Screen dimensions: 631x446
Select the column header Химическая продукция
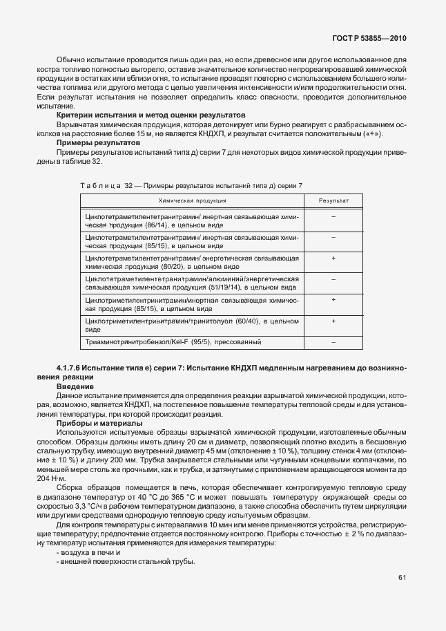coord(193,200)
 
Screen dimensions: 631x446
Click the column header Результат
coord(333,200)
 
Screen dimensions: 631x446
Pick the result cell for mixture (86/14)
coord(333,217)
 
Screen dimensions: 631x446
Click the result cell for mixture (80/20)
coord(333,258)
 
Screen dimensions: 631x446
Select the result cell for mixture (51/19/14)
coord(333,279)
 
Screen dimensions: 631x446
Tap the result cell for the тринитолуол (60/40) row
coord(333,321)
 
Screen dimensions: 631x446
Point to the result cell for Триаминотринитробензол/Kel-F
coord(333,342)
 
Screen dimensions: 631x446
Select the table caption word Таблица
coord(101,185)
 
